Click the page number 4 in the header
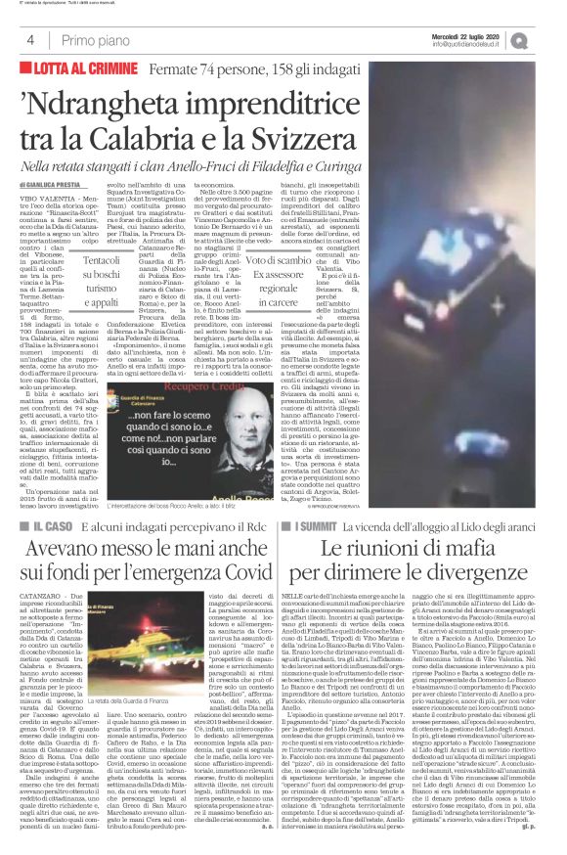point(30,40)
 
